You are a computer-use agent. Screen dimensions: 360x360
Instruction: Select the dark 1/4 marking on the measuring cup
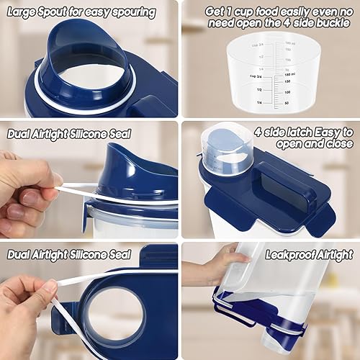(x=257, y=103)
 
